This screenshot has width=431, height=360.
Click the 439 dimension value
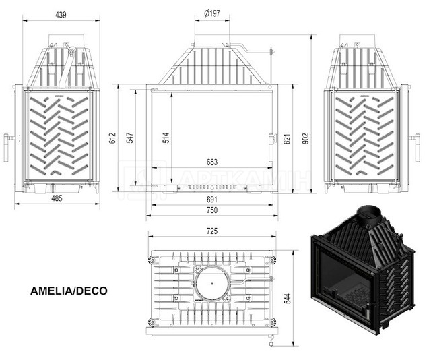61,15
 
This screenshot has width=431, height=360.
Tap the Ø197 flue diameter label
212,13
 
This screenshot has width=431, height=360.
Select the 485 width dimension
57,198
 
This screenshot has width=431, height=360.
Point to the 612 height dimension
112,138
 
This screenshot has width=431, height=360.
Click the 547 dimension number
130,138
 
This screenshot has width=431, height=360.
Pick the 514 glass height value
166,138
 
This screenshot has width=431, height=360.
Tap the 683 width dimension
212,162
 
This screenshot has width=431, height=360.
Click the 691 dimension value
212,200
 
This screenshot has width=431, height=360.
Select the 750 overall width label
212,210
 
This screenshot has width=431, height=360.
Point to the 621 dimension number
286,139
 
